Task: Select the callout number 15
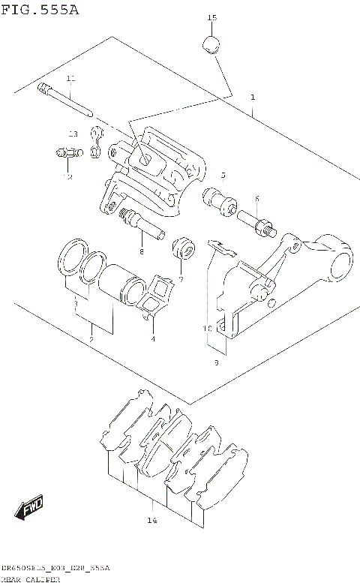click(x=211, y=17)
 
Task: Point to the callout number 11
click(x=70, y=79)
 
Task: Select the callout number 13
click(x=73, y=134)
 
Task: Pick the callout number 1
click(x=253, y=98)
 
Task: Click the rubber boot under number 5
click(x=219, y=200)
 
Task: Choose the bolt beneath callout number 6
click(x=256, y=221)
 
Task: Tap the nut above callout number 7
click(x=181, y=248)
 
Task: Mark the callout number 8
click(x=140, y=251)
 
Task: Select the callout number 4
click(x=152, y=338)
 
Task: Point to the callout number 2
click(x=91, y=340)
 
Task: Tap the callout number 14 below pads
click(x=151, y=520)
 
